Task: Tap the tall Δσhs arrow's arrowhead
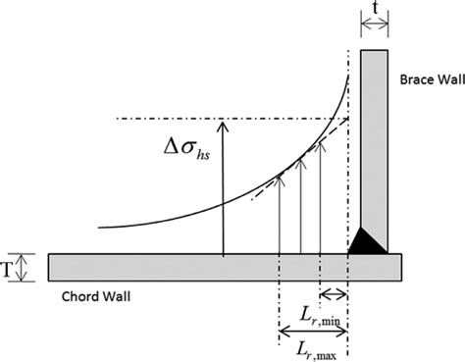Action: click(x=224, y=124)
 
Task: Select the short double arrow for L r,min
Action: click(x=334, y=293)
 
